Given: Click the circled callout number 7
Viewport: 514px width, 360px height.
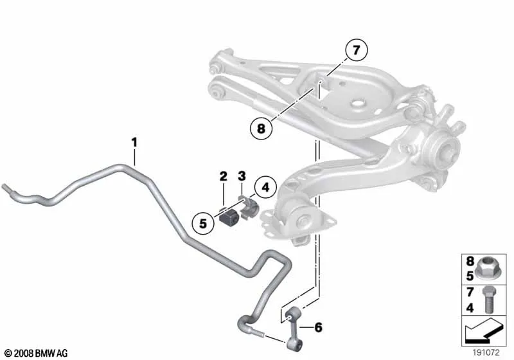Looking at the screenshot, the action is pos(357,50).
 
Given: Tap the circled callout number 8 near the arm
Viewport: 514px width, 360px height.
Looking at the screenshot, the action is pos(261,128).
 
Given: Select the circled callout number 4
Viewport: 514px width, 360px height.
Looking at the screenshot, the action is pos(265,188).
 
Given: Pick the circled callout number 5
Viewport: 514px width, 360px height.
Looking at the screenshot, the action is pos(203,224).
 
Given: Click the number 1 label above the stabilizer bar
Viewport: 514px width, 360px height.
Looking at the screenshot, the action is pos(134,143).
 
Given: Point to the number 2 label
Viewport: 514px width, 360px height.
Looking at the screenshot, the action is pos(223,176).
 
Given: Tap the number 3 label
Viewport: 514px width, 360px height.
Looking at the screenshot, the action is pos(242,176).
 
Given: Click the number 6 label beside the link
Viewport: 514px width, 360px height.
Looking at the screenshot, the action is pos(318,327).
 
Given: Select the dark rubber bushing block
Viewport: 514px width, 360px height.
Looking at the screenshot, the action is pos(229,217).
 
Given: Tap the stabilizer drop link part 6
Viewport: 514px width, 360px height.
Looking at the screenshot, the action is pos(291,329).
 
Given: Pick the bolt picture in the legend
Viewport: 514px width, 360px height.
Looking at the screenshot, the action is pos(488,300).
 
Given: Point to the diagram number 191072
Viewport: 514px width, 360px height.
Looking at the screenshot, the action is pos(486,352).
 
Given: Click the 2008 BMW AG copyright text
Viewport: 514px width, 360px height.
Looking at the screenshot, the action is pos(37,353).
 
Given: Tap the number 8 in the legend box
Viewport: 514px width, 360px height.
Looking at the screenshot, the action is pos(470,261).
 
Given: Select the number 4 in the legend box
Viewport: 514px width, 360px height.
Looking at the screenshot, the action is pos(470,308).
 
